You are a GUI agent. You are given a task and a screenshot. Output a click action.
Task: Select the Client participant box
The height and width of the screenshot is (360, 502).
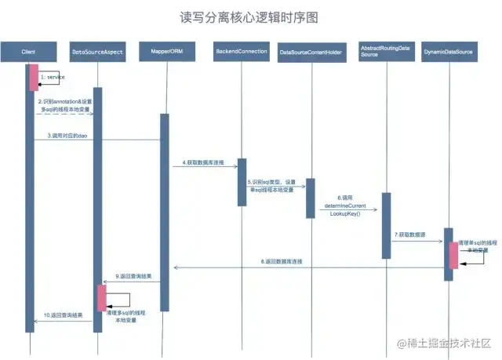coord(29,53)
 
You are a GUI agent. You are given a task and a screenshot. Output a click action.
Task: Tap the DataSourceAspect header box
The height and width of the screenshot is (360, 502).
coord(96,53)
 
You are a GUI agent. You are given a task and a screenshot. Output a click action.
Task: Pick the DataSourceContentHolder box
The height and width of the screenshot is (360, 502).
coord(311,53)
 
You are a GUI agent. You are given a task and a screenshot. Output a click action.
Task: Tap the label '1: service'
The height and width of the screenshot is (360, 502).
coord(53,78)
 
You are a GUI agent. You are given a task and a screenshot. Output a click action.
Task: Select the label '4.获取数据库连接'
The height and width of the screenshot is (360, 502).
coord(203,162)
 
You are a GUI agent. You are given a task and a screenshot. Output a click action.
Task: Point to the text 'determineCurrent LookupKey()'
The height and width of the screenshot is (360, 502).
coord(346,209)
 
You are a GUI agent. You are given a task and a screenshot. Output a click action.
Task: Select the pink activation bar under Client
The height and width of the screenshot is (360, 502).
coord(34,77)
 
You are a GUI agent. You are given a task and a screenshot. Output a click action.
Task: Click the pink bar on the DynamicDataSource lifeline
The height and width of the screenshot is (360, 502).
coord(453,255)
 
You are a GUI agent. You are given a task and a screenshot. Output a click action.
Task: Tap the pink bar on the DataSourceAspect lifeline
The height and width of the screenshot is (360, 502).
coord(101,297)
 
